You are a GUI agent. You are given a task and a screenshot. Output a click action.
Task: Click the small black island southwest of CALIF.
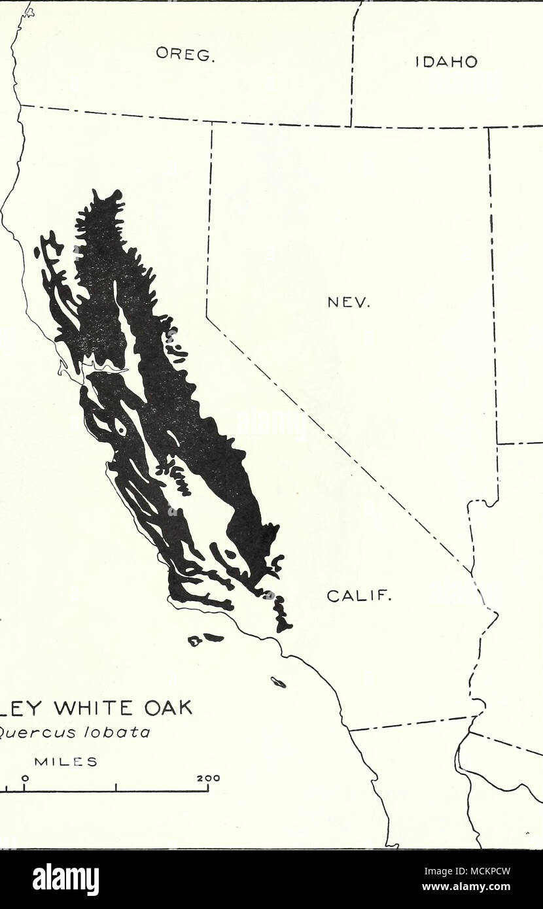[x=279, y=683]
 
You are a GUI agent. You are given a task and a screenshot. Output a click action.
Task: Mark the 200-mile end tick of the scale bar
[x=207, y=788]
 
